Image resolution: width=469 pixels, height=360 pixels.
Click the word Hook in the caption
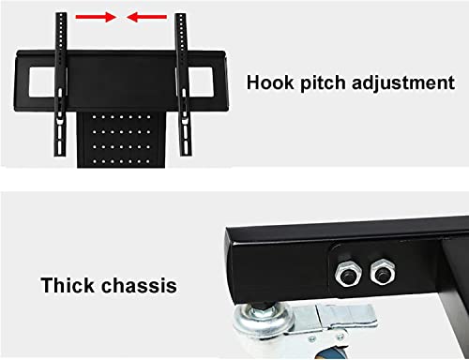[x=270, y=82]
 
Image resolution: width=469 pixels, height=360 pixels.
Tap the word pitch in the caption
[x=323, y=83]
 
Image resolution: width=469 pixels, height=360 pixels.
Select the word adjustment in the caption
[x=403, y=83]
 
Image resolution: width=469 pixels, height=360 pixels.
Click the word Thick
[x=67, y=285]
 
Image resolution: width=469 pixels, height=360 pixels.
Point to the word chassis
[x=139, y=285]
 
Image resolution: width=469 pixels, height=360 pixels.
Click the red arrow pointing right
[x=96, y=17]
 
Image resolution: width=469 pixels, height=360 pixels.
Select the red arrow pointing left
[x=146, y=17]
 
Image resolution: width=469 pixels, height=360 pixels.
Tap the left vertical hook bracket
[x=61, y=84]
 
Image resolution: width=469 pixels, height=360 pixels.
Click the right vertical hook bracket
[x=182, y=84]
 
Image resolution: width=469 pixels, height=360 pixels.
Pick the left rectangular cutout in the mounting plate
[x=43, y=82]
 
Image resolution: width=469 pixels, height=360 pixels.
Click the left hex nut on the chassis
[x=347, y=273]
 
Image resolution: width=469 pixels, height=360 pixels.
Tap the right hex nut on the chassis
[x=382, y=272]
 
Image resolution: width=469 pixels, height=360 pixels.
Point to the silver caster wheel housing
[x=262, y=322]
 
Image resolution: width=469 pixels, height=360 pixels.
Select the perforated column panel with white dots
[x=121, y=140]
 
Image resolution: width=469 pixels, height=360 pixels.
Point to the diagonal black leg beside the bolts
[x=453, y=293]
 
